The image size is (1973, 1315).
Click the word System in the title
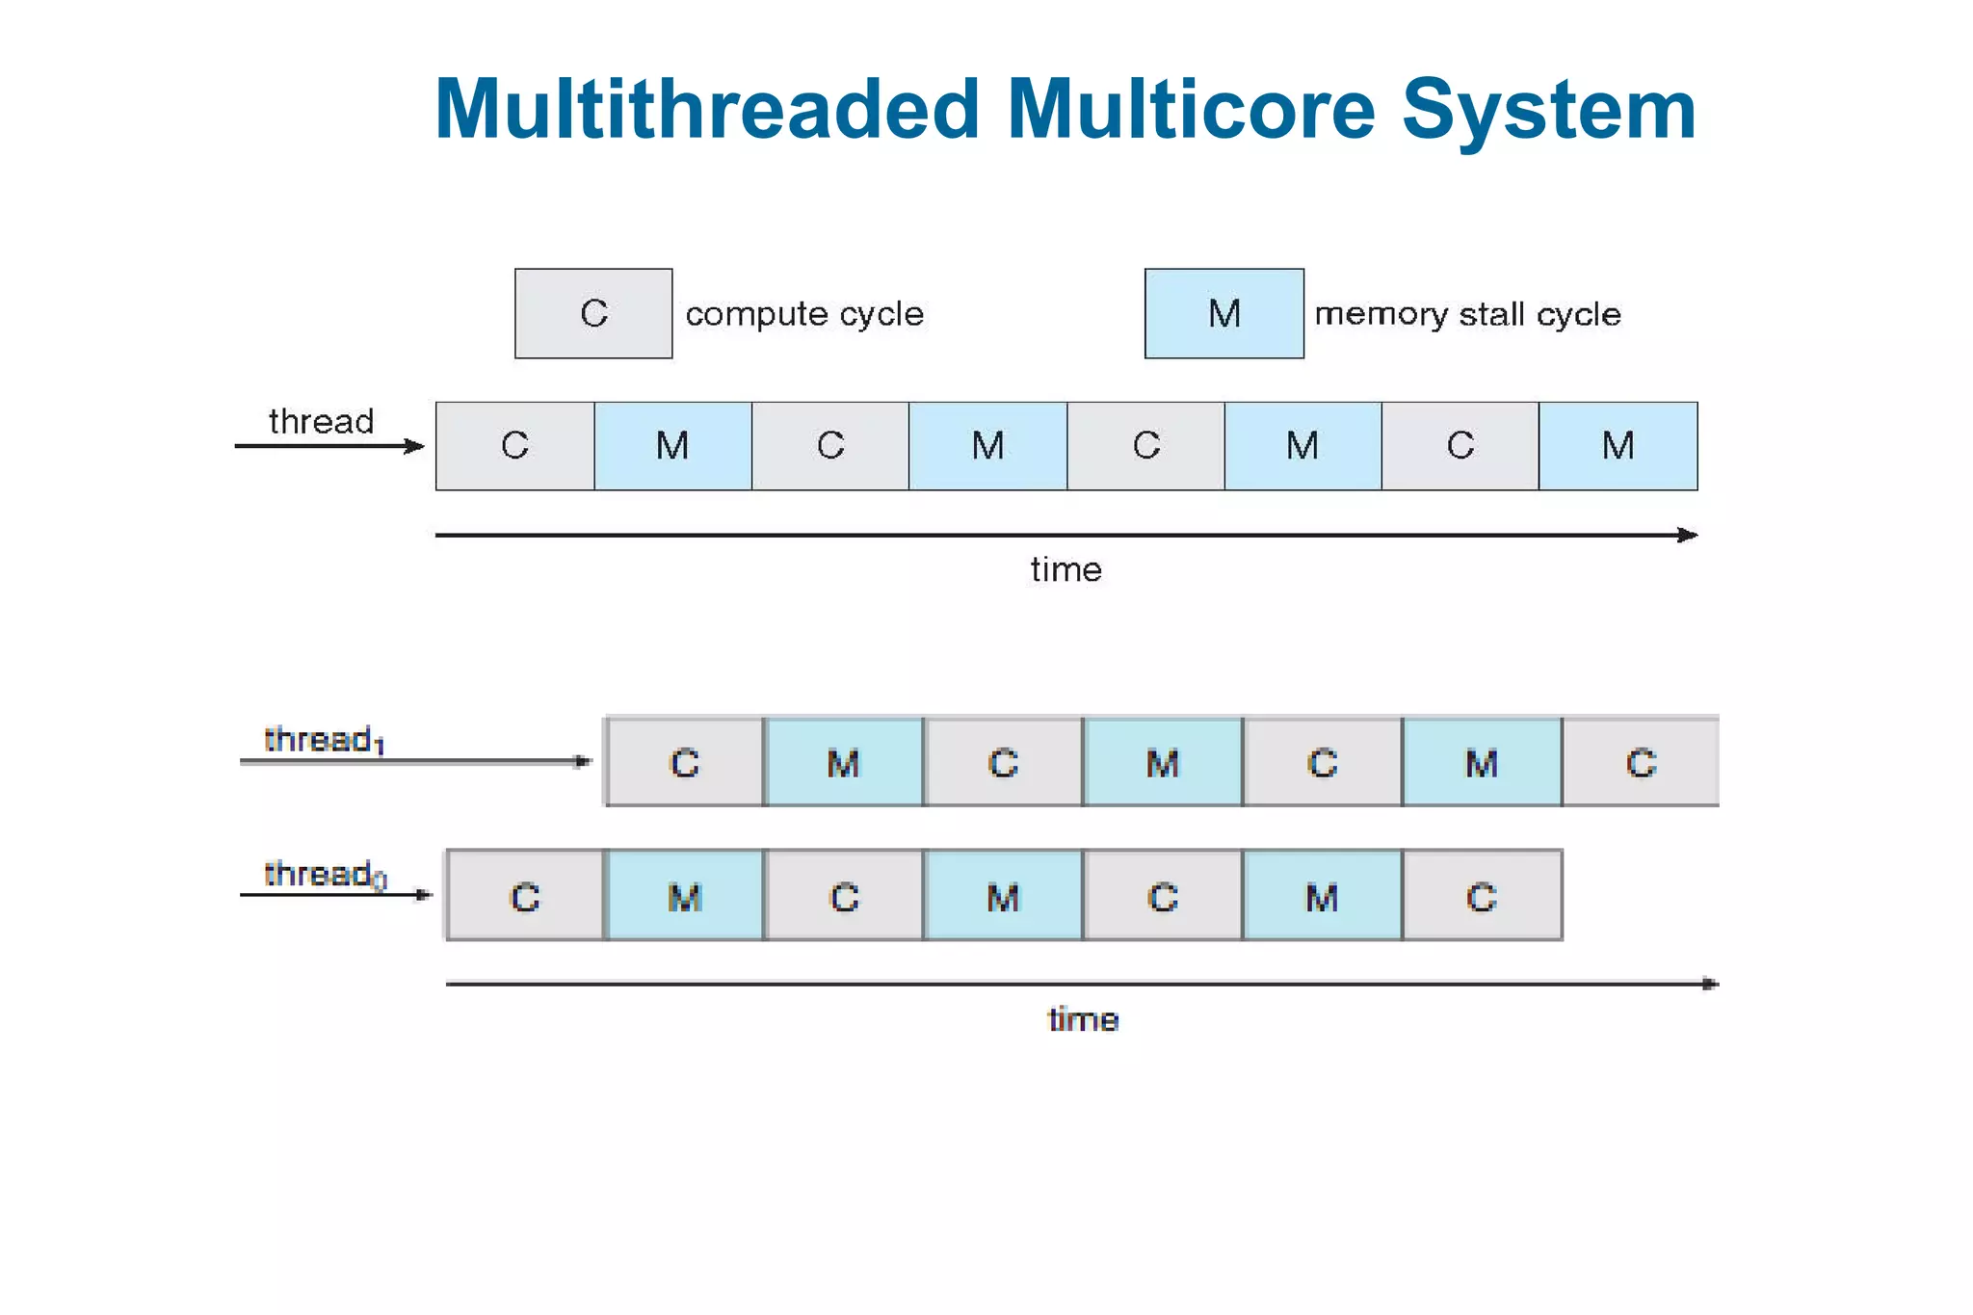point(1548,110)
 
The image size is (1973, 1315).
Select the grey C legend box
point(593,314)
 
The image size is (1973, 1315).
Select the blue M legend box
point(1223,314)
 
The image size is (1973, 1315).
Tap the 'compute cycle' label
point(804,314)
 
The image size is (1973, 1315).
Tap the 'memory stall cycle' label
point(1467,314)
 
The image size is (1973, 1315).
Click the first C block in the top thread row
point(515,446)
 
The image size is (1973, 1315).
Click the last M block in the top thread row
point(1618,446)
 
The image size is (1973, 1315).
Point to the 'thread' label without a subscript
point(321,422)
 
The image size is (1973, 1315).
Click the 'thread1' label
point(324,740)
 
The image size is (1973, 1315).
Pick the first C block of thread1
point(684,763)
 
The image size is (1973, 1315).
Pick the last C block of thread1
point(1641,763)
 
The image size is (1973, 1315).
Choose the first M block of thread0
point(684,897)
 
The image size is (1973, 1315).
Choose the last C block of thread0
point(1482,897)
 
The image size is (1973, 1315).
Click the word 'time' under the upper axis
point(1065,569)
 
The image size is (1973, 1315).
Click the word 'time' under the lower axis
point(1083,1019)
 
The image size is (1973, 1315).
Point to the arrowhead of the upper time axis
point(1688,535)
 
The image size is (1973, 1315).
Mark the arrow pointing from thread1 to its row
point(414,761)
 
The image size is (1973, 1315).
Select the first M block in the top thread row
point(672,446)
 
